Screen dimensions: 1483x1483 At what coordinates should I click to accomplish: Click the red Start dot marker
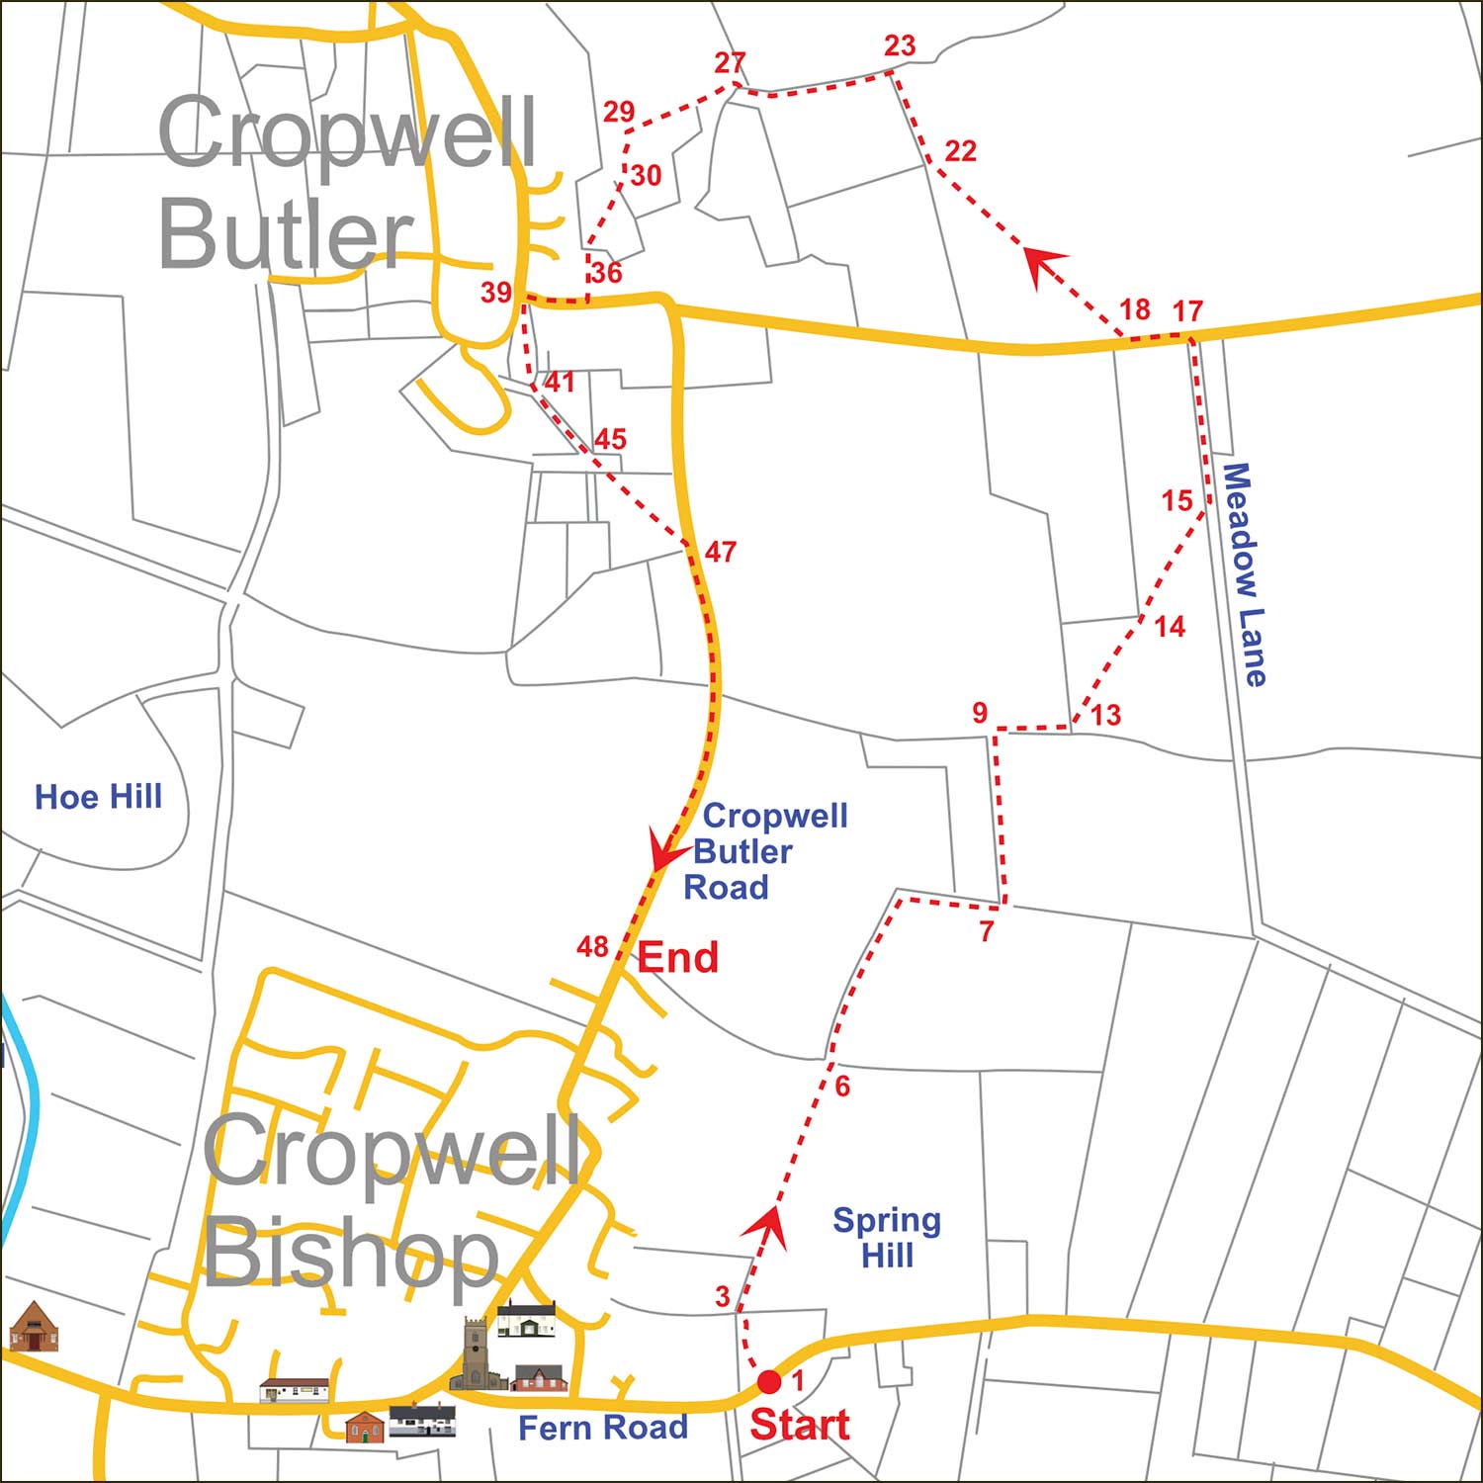(x=769, y=1381)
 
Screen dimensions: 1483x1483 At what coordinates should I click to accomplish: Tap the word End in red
(x=677, y=957)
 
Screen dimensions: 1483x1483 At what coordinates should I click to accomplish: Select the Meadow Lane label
(x=1244, y=574)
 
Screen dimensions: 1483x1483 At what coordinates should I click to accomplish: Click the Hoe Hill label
(x=98, y=797)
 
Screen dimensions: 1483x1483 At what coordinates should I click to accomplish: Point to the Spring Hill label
(x=887, y=1238)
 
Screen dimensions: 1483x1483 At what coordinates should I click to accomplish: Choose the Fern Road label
(x=603, y=1428)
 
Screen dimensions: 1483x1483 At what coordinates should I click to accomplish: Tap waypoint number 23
(x=900, y=46)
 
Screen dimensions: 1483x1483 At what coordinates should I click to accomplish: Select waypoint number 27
(x=730, y=63)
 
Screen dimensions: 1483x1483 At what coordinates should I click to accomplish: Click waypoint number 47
(x=721, y=552)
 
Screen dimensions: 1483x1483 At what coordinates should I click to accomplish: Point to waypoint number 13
(x=1105, y=715)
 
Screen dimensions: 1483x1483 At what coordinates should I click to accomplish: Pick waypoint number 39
(x=496, y=293)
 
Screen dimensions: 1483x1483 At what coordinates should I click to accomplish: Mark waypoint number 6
(x=842, y=1087)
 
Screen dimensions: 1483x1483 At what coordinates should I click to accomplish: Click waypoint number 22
(x=960, y=151)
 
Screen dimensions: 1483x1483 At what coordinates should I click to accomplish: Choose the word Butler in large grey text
(x=285, y=233)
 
